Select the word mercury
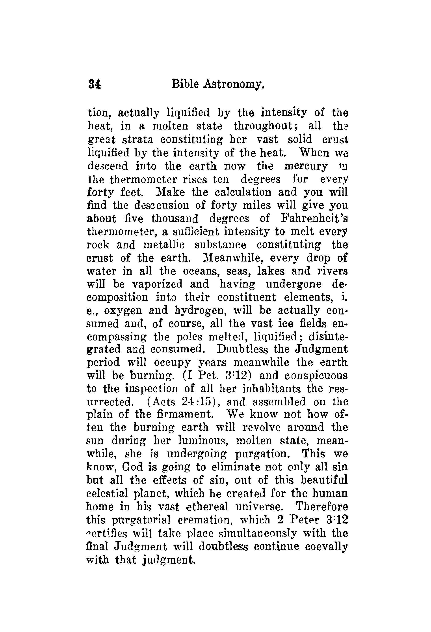pyautogui.click(x=306, y=166)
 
